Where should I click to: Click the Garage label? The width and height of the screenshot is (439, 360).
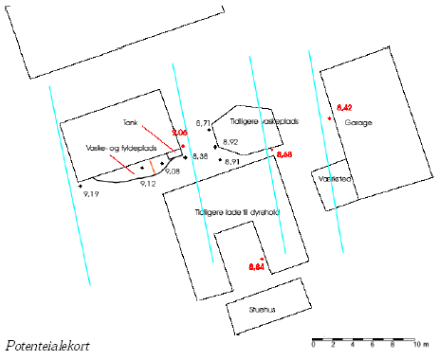[358, 124]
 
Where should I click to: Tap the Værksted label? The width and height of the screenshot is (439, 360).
[336, 179]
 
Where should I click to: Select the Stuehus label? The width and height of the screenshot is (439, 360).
[263, 308]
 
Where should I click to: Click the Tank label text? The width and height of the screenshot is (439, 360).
[131, 123]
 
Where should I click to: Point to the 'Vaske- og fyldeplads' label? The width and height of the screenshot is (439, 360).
[107, 149]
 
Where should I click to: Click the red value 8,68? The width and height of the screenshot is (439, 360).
[284, 153]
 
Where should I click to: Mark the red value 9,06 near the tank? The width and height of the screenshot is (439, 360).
[179, 135]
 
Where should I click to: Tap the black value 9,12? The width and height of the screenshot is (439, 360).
[147, 182]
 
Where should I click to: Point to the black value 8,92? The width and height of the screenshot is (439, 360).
[228, 141]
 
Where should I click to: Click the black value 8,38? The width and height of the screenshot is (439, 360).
[199, 155]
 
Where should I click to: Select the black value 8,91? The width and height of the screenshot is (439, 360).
[236, 162]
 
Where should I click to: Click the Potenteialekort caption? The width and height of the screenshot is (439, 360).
[47, 346]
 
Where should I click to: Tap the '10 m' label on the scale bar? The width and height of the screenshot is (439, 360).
[419, 348]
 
